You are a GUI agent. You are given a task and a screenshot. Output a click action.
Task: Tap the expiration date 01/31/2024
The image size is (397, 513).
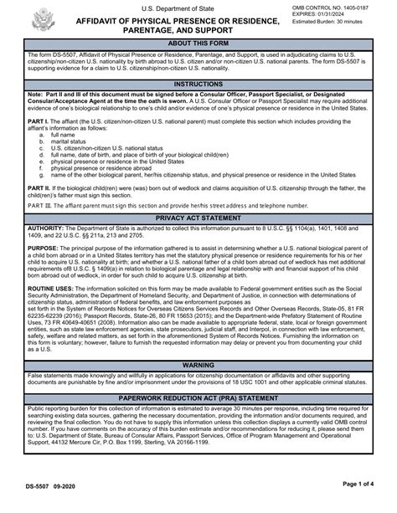pyautogui.click(x=360, y=16)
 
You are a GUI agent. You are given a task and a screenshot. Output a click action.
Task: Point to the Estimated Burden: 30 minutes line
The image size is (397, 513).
pyautogui.click(x=343, y=25)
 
